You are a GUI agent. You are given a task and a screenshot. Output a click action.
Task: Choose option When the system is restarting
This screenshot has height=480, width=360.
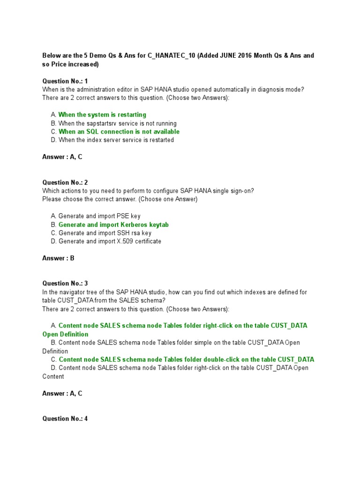(x=102, y=115)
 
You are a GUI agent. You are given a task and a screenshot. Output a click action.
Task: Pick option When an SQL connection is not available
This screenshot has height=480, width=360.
(x=119, y=132)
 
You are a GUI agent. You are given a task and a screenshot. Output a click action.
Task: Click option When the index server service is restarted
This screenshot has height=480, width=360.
(x=116, y=140)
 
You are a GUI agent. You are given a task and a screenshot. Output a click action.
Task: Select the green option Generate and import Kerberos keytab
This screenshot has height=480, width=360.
(x=113, y=225)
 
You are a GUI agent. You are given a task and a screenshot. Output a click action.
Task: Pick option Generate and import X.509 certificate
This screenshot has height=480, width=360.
(x=109, y=241)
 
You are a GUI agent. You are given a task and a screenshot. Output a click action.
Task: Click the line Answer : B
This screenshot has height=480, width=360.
(x=59, y=258)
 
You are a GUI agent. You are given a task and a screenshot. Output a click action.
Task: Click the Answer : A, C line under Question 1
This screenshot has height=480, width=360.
(x=62, y=157)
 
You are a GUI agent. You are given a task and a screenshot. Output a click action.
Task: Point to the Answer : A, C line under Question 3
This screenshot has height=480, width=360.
(x=62, y=393)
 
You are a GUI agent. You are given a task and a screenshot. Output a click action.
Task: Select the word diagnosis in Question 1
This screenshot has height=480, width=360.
(x=254, y=90)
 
